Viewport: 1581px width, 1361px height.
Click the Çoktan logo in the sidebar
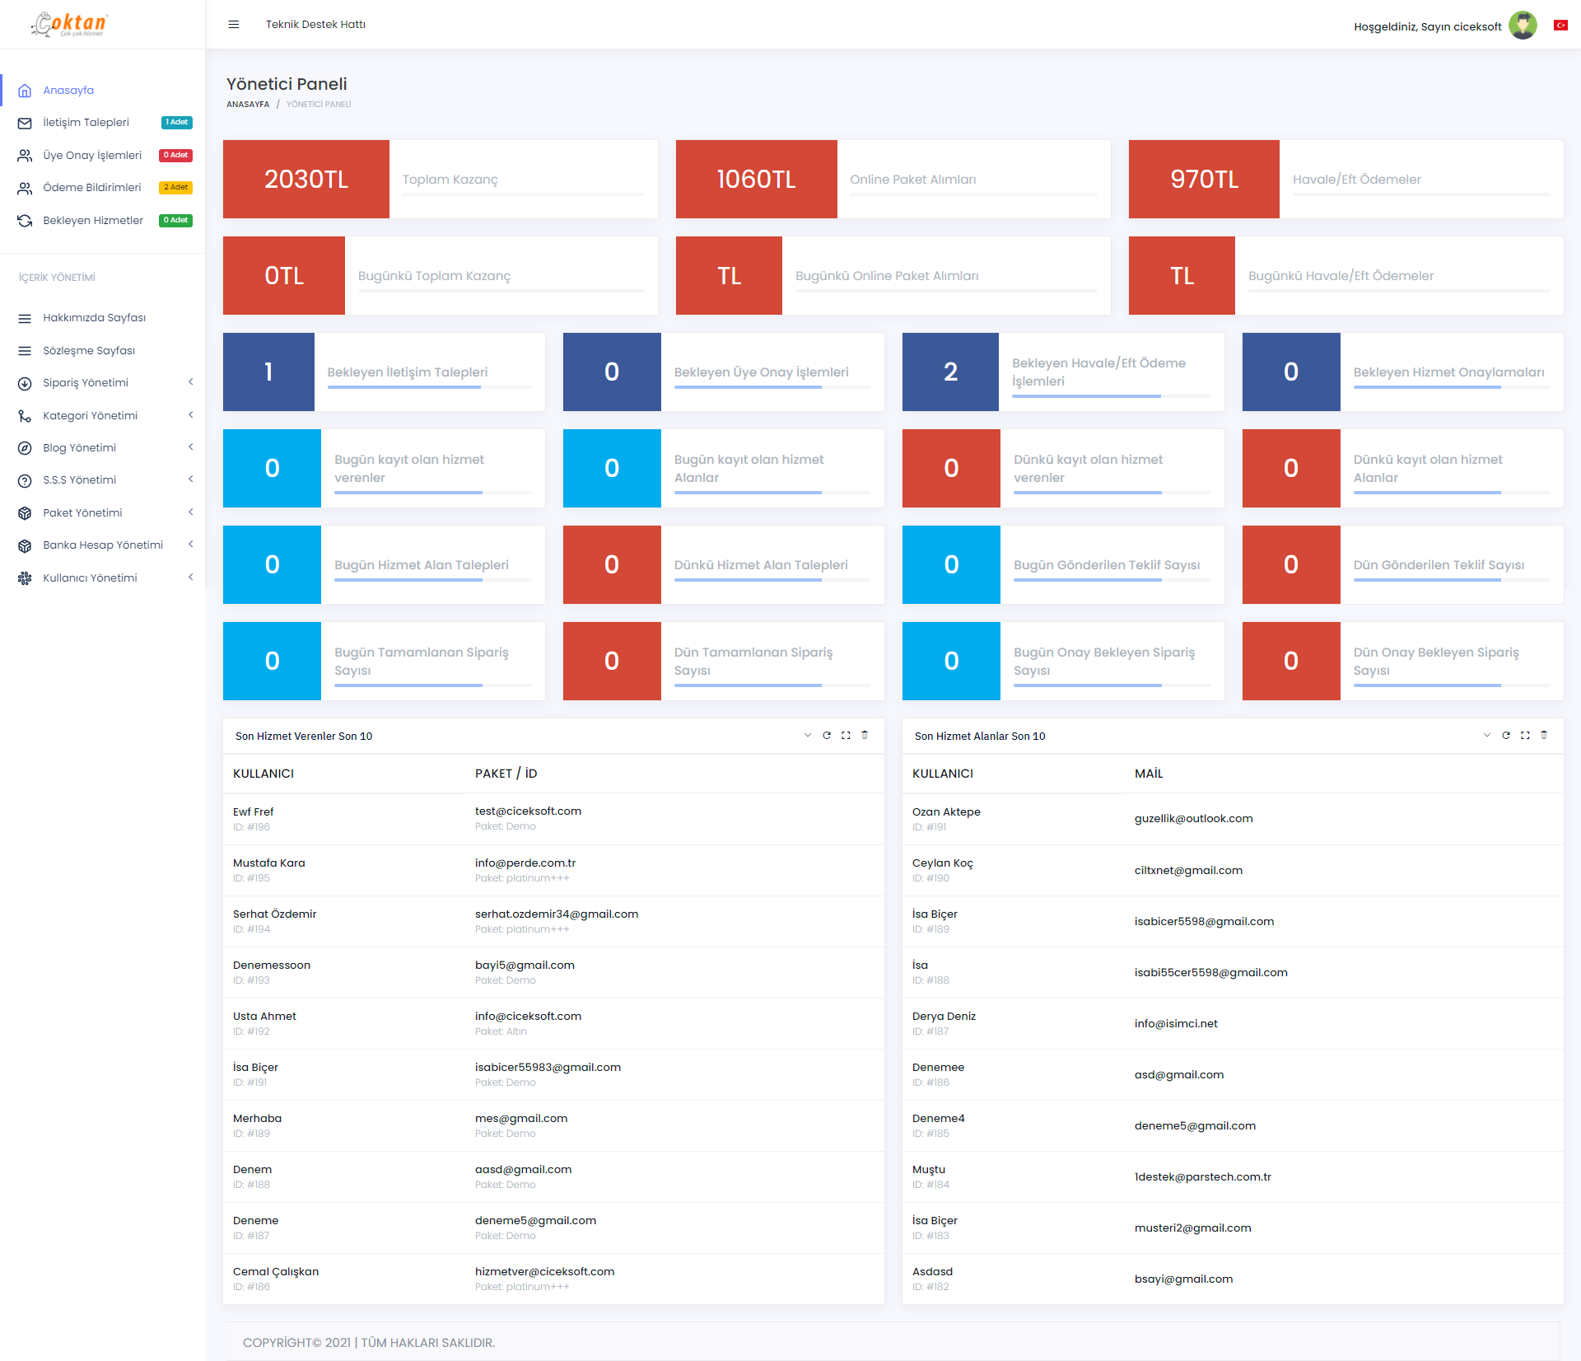click(69, 24)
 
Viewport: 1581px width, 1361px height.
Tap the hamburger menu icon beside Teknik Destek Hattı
click(234, 25)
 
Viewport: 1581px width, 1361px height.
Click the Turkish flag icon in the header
click(1560, 26)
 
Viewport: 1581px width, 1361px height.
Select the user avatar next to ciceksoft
click(1523, 26)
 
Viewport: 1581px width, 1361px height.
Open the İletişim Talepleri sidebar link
click(86, 123)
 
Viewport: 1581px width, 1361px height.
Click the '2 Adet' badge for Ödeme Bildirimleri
click(175, 188)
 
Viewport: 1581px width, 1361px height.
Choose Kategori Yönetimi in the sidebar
click(90, 416)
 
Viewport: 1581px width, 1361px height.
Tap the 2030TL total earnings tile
click(306, 180)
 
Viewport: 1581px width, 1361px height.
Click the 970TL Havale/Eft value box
click(1204, 180)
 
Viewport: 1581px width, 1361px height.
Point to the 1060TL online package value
click(756, 180)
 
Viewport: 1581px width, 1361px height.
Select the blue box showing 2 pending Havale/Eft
click(950, 372)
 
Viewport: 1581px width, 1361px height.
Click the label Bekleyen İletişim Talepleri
click(408, 372)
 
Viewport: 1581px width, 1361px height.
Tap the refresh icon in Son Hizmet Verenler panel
click(827, 736)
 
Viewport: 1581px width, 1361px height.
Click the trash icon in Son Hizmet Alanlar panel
click(1544, 736)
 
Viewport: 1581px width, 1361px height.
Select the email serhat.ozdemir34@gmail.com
click(557, 914)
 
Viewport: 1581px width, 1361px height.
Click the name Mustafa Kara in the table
click(269, 863)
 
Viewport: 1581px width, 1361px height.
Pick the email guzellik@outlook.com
click(1193, 819)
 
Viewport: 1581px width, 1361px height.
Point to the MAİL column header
click(1149, 774)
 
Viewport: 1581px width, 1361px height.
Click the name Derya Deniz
click(944, 1017)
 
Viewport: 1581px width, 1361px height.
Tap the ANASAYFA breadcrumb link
click(248, 105)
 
